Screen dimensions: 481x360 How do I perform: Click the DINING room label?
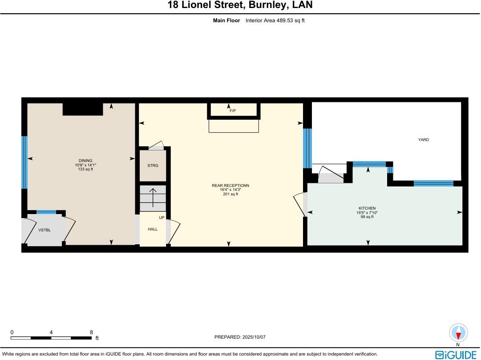tap(85, 161)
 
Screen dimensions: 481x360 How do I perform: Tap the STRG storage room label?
tap(153, 166)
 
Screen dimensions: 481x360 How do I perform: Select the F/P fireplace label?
tap(233, 110)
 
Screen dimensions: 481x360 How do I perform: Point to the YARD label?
tap(423, 140)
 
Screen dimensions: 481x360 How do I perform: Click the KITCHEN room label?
tap(367, 208)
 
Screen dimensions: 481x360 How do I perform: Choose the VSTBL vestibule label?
tap(44, 230)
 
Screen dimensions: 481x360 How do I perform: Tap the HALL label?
tap(153, 229)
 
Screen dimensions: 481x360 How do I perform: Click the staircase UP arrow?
tap(153, 198)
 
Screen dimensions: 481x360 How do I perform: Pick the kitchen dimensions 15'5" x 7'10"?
tap(367, 212)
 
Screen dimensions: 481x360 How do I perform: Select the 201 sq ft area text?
tap(230, 194)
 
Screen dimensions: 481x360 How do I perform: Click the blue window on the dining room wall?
tap(24, 162)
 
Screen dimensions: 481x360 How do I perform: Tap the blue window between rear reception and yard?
tap(307, 148)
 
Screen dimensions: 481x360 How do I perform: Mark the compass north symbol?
tap(459, 333)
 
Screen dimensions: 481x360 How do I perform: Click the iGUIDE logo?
tap(456, 355)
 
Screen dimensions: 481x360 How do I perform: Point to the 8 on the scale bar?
tap(91, 332)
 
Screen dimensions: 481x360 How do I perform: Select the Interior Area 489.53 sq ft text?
tap(275, 20)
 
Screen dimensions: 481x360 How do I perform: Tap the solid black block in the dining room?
tap(83, 109)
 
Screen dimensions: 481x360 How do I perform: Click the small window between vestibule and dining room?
tap(46, 212)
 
